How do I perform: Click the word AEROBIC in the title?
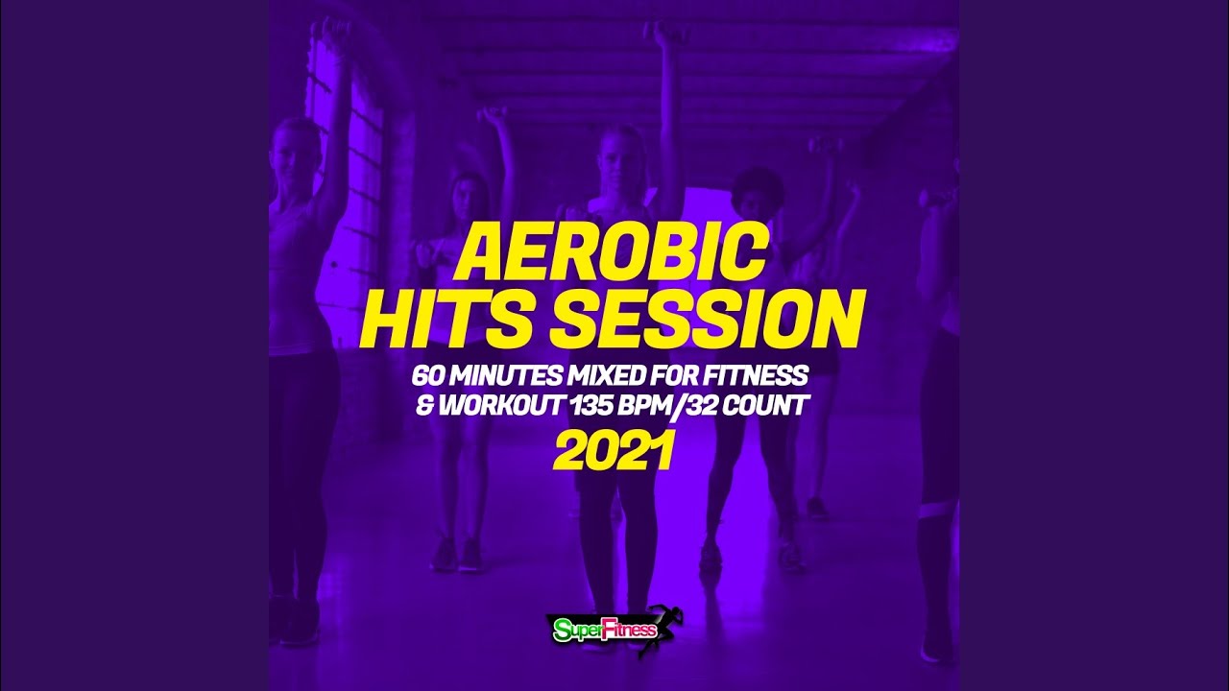[610, 253]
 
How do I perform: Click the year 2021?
[613, 450]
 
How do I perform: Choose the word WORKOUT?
[500, 406]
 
